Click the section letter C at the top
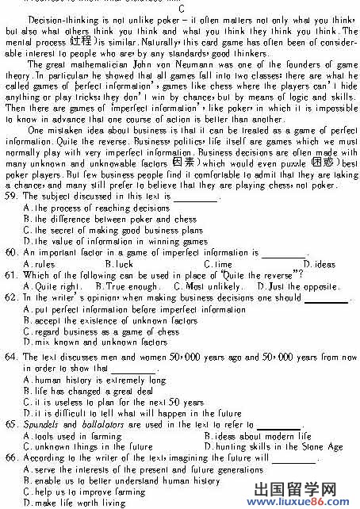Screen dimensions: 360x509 pos(182,8)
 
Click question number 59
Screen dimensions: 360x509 pos(10,195)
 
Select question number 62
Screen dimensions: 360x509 pos(10,298)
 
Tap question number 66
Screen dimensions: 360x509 pos(10,457)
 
